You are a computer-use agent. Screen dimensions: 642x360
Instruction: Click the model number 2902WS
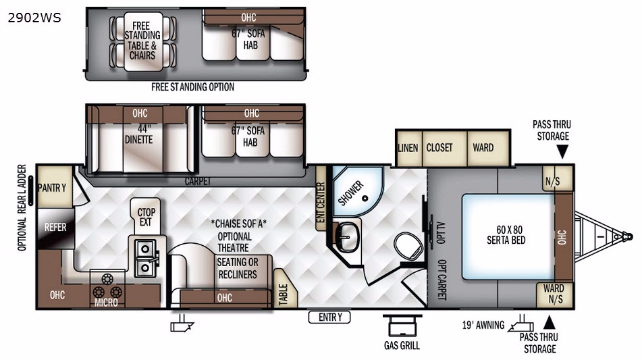coord(34,18)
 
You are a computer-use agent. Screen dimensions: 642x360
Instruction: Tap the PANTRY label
coord(52,188)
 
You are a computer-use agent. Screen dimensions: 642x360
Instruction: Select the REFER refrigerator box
coord(55,228)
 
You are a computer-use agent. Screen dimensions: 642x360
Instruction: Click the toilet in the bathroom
coord(408,245)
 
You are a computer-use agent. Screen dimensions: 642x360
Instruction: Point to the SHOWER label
coord(350,193)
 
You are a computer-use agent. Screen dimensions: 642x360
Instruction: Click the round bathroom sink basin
coord(347,236)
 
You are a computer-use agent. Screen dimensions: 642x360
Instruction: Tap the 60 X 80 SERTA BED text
coord(506,235)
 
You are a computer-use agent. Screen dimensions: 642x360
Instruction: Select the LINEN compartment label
coord(408,148)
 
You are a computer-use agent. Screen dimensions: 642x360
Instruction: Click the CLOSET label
coord(439,147)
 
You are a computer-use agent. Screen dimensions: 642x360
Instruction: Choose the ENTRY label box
coord(329,317)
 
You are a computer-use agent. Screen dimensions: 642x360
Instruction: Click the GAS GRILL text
coord(402,346)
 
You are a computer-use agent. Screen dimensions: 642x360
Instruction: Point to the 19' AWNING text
coord(483,325)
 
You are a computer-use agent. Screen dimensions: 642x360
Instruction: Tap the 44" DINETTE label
coord(139,134)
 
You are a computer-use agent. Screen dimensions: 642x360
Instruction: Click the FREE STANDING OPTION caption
coord(192,87)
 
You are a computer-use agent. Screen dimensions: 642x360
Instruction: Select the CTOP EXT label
coord(146,217)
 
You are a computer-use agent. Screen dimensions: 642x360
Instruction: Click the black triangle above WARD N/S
coord(549,322)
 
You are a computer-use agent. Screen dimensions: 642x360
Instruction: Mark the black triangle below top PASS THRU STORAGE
coord(562,152)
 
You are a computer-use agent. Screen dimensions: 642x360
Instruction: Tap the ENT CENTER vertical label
coord(321,202)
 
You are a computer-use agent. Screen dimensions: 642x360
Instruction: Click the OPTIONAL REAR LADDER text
coord(22,207)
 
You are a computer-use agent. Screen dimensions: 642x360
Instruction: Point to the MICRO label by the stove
coord(106,303)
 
